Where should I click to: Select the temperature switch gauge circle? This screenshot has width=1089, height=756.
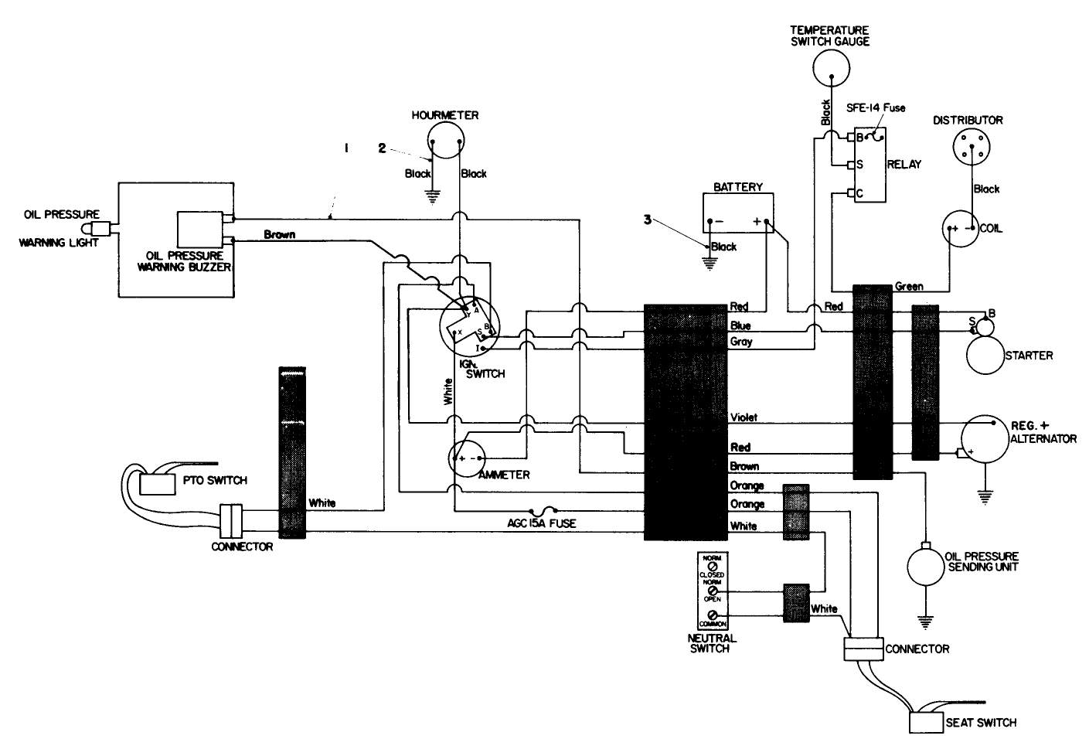point(830,68)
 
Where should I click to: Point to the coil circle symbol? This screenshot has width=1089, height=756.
point(960,229)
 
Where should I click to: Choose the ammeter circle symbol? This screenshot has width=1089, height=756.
point(468,457)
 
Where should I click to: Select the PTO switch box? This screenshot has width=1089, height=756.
point(158,483)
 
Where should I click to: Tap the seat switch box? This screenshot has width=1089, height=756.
point(926,722)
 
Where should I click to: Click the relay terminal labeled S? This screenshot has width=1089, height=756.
point(850,165)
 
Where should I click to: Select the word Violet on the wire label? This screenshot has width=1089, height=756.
point(744,417)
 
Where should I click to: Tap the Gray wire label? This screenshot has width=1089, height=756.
point(741,342)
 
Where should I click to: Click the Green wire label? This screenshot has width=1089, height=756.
point(909,286)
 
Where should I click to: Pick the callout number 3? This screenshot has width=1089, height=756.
point(648,219)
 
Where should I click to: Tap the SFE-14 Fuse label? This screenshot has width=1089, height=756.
point(876,107)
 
